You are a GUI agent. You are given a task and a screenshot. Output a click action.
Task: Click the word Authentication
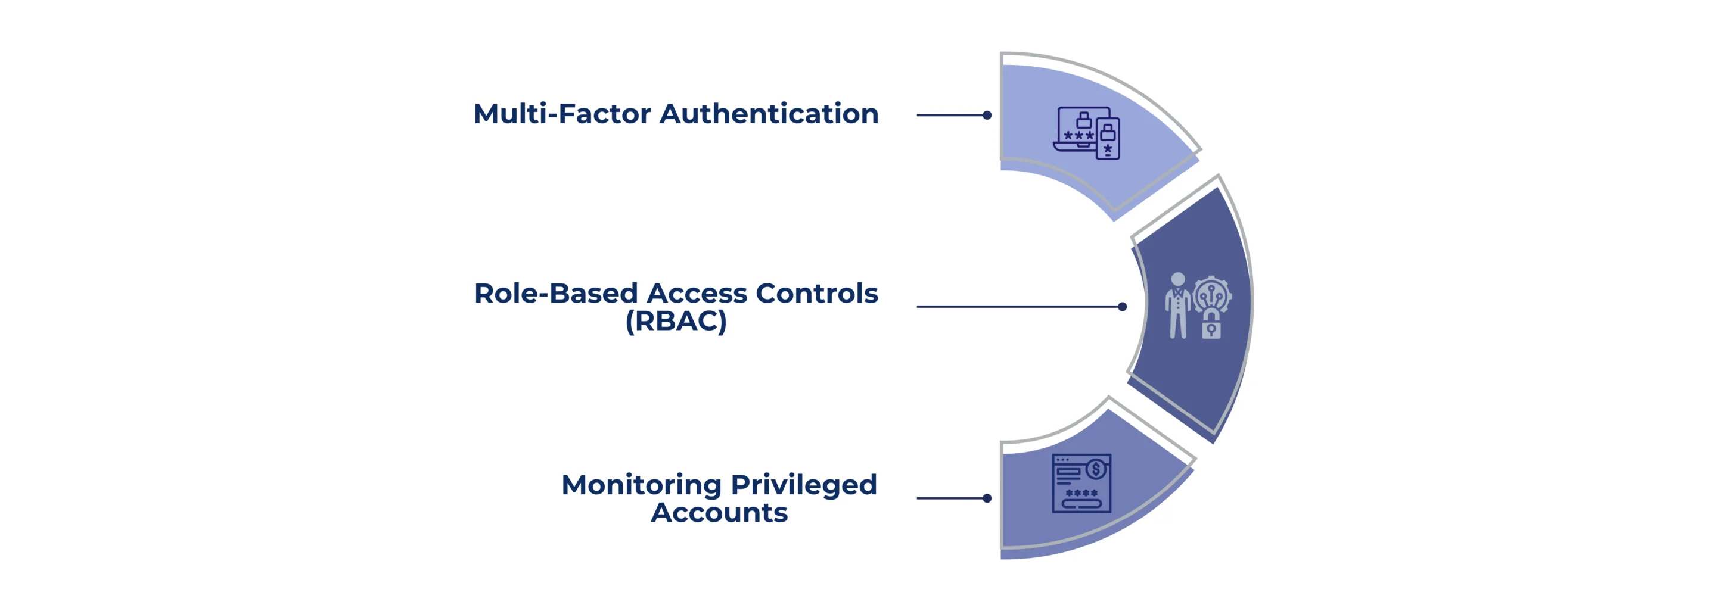point(769,114)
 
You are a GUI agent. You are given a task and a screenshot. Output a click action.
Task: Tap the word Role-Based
point(555,293)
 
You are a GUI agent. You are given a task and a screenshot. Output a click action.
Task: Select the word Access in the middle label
point(697,293)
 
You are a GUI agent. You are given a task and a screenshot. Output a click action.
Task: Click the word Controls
point(816,293)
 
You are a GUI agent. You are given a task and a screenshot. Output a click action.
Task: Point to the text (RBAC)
point(676,321)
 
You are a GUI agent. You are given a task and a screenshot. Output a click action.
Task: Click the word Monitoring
point(641,485)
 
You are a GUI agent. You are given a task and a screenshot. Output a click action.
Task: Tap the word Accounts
point(719,513)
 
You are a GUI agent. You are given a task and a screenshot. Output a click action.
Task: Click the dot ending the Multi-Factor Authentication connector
point(986,115)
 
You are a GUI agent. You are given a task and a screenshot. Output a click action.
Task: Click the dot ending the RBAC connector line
point(1123,307)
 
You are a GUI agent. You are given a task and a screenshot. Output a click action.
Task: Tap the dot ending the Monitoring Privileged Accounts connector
point(986,498)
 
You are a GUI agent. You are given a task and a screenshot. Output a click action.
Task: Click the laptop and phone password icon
point(1086,133)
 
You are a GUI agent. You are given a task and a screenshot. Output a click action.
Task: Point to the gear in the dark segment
point(1212,293)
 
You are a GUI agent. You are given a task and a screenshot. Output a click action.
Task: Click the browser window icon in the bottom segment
point(1081,484)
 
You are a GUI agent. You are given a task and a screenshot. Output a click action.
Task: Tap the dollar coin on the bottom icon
point(1096,469)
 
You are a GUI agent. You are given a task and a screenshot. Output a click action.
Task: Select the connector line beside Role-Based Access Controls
point(1018,307)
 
